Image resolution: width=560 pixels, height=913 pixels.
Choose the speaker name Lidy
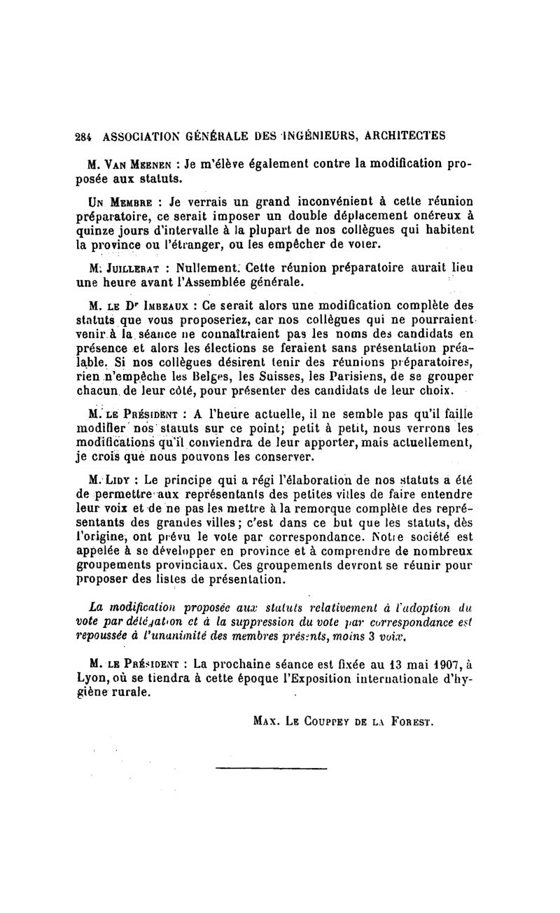125,480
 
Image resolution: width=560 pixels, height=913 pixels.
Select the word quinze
95,229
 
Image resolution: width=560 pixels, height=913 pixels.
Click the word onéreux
433,216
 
